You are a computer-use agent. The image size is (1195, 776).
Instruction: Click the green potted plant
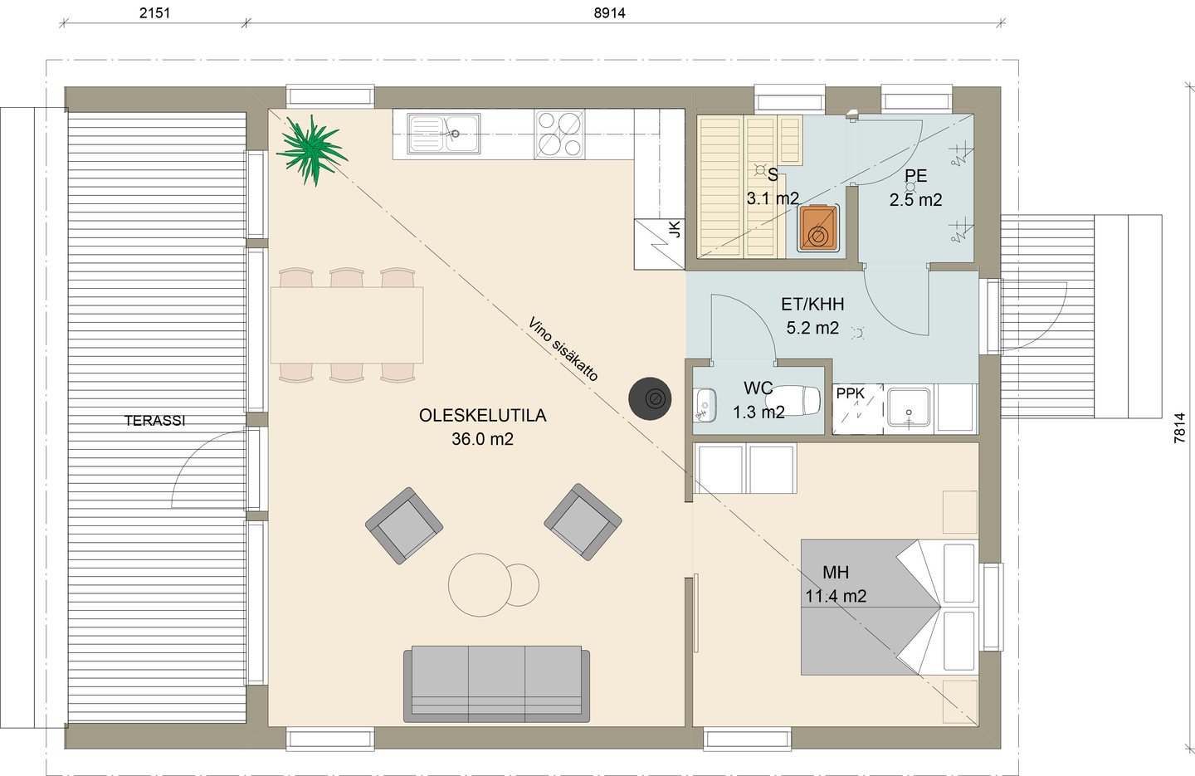click(x=310, y=149)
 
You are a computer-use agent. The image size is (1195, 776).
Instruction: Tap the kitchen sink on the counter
click(x=443, y=134)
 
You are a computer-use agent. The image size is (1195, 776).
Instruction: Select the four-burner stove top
click(x=559, y=134)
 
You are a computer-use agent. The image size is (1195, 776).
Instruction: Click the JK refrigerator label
click(x=675, y=229)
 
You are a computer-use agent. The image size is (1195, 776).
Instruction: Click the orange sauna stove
click(x=818, y=228)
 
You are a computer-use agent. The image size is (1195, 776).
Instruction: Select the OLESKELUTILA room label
click(x=482, y=416)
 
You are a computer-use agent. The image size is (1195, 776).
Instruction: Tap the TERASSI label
click(x=155, y=421)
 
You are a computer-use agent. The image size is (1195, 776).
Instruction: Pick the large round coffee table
click(x=480, y=585)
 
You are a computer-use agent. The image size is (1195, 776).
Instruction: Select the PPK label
click(x=851, y=393)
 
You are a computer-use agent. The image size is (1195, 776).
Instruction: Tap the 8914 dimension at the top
click(x=610, y=12)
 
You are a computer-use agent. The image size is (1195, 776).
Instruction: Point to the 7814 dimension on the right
click(x=1180, y=428)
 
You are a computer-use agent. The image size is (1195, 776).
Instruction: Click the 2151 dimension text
click(x=154, y=12)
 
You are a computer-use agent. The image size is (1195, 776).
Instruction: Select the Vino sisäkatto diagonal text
click(x=563, y=349)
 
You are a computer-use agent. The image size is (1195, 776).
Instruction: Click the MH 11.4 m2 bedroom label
click(x=836, y=584)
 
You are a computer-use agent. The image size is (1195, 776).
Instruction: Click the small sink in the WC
click(x=705, y=405)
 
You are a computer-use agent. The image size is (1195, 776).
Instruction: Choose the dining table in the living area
click(x=347, y=325)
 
